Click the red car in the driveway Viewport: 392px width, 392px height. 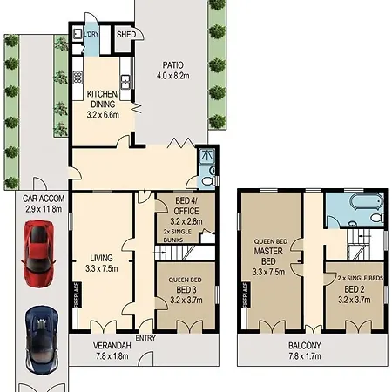coord(37,254)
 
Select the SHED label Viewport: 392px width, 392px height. coord(126,35)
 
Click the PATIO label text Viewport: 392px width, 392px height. coord(172,65)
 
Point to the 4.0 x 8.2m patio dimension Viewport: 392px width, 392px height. coord(173,76)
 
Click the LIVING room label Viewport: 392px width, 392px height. coord(101,258)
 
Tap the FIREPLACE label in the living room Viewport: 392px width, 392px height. coord(77,294)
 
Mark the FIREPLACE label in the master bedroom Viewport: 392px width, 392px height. coord(246,294)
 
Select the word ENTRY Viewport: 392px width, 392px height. coord(145,338)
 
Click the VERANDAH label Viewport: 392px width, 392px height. coord(112,346)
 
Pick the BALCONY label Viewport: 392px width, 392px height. coord(305,346)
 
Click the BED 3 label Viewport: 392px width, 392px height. coord(186,290)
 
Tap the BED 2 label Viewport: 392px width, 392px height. coord(355,289)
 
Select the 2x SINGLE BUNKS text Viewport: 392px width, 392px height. coord(178,236)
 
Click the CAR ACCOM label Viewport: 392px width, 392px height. coord(44,199)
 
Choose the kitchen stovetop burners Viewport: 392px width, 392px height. coord(78,78)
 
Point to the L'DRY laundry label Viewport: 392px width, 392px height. coord(91,34)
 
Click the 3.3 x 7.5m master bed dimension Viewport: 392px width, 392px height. coord(268,272)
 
